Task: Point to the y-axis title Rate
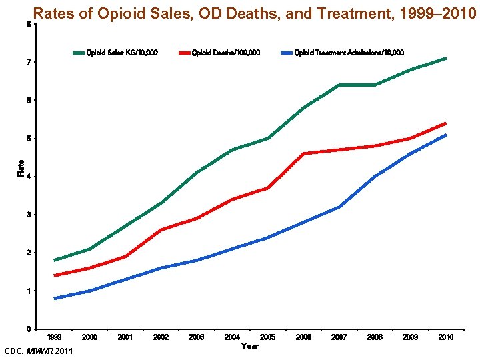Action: click(21, 168)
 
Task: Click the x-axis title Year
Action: click(249, 346)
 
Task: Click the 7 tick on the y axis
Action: click(27, 62)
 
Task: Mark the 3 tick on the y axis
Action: click(27, 215)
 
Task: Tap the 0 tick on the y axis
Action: click(27, 329)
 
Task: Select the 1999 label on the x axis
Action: click(55, 337)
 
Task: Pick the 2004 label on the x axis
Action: click(232, 337)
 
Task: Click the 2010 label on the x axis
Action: click(446, 337)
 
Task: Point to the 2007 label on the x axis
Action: click(339, 337)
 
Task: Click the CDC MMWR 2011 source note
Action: click(39, 351)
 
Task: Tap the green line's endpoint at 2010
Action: click(446, 59)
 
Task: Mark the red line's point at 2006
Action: click(303, 153)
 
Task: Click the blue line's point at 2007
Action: click(339, 207)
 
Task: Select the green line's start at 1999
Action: click(55, 260)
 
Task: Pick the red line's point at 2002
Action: click(161, 230)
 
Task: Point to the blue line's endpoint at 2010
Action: click(446, 135)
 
